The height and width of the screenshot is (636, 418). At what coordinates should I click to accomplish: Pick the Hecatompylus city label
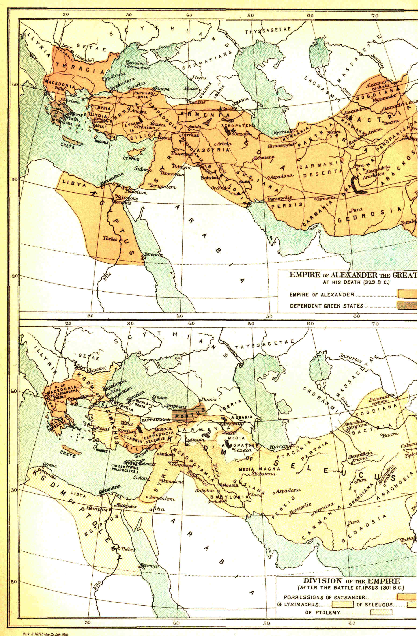[x=281, y=146]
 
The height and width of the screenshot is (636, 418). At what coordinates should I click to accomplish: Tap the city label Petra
[x=159, y=509]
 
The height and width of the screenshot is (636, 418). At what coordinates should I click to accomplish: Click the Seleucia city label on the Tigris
[x=229, y=485]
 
